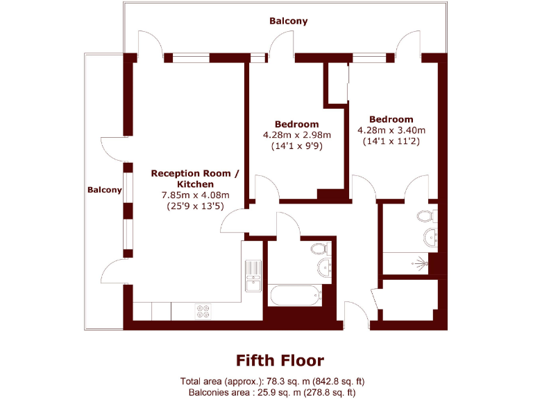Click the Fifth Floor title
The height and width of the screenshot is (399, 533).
[x=280, y=360]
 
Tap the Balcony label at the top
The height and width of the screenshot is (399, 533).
[x=288, y=21]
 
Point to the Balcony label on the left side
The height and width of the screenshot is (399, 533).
[x=105, y=189]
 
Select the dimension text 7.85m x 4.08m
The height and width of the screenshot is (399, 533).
[x=195, y=195]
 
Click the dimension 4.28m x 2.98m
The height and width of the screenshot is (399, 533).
[x=296, y=134]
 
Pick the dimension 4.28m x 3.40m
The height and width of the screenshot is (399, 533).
[x=391, y=130]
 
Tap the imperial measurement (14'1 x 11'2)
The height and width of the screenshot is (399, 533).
[x=391, y=141]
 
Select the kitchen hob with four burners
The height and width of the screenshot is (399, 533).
[x=204, y=312]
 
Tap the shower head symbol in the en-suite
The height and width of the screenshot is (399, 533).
[x=421, y=263]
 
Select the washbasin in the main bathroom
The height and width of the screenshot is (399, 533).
[x=325, y=268]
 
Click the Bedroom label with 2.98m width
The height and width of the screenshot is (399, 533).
[x=296, y=124]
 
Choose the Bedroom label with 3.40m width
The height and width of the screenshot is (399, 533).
[x=391, y=119]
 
